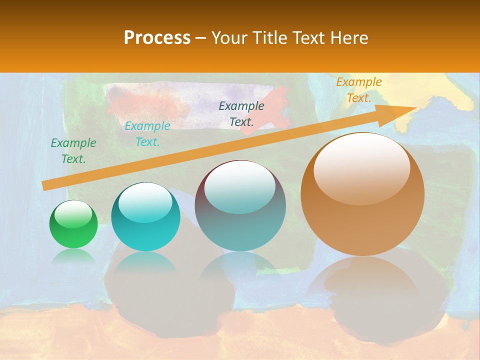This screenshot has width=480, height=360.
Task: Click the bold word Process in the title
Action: coord(157,37)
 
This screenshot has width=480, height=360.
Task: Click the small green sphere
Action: coord(73,224)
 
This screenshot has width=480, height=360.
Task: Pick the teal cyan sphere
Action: coord(145,216)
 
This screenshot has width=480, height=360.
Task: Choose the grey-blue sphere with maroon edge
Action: coord(240,205)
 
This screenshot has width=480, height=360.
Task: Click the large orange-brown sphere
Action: coord(362,194)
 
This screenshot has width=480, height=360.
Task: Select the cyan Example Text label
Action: coord(147,134)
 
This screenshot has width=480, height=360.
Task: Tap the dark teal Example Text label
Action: coord(241,113)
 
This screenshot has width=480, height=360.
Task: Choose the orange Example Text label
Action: coord(359,90)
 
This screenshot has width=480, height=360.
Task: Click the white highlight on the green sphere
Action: coord(73,214)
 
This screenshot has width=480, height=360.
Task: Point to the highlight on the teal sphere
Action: coord(145,202)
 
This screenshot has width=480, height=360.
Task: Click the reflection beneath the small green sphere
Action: coord(73,256)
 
